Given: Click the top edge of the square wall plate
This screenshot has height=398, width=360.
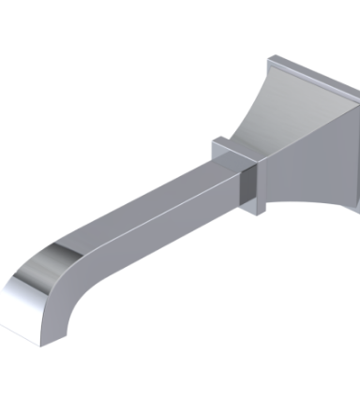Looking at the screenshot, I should click(309, 75).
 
